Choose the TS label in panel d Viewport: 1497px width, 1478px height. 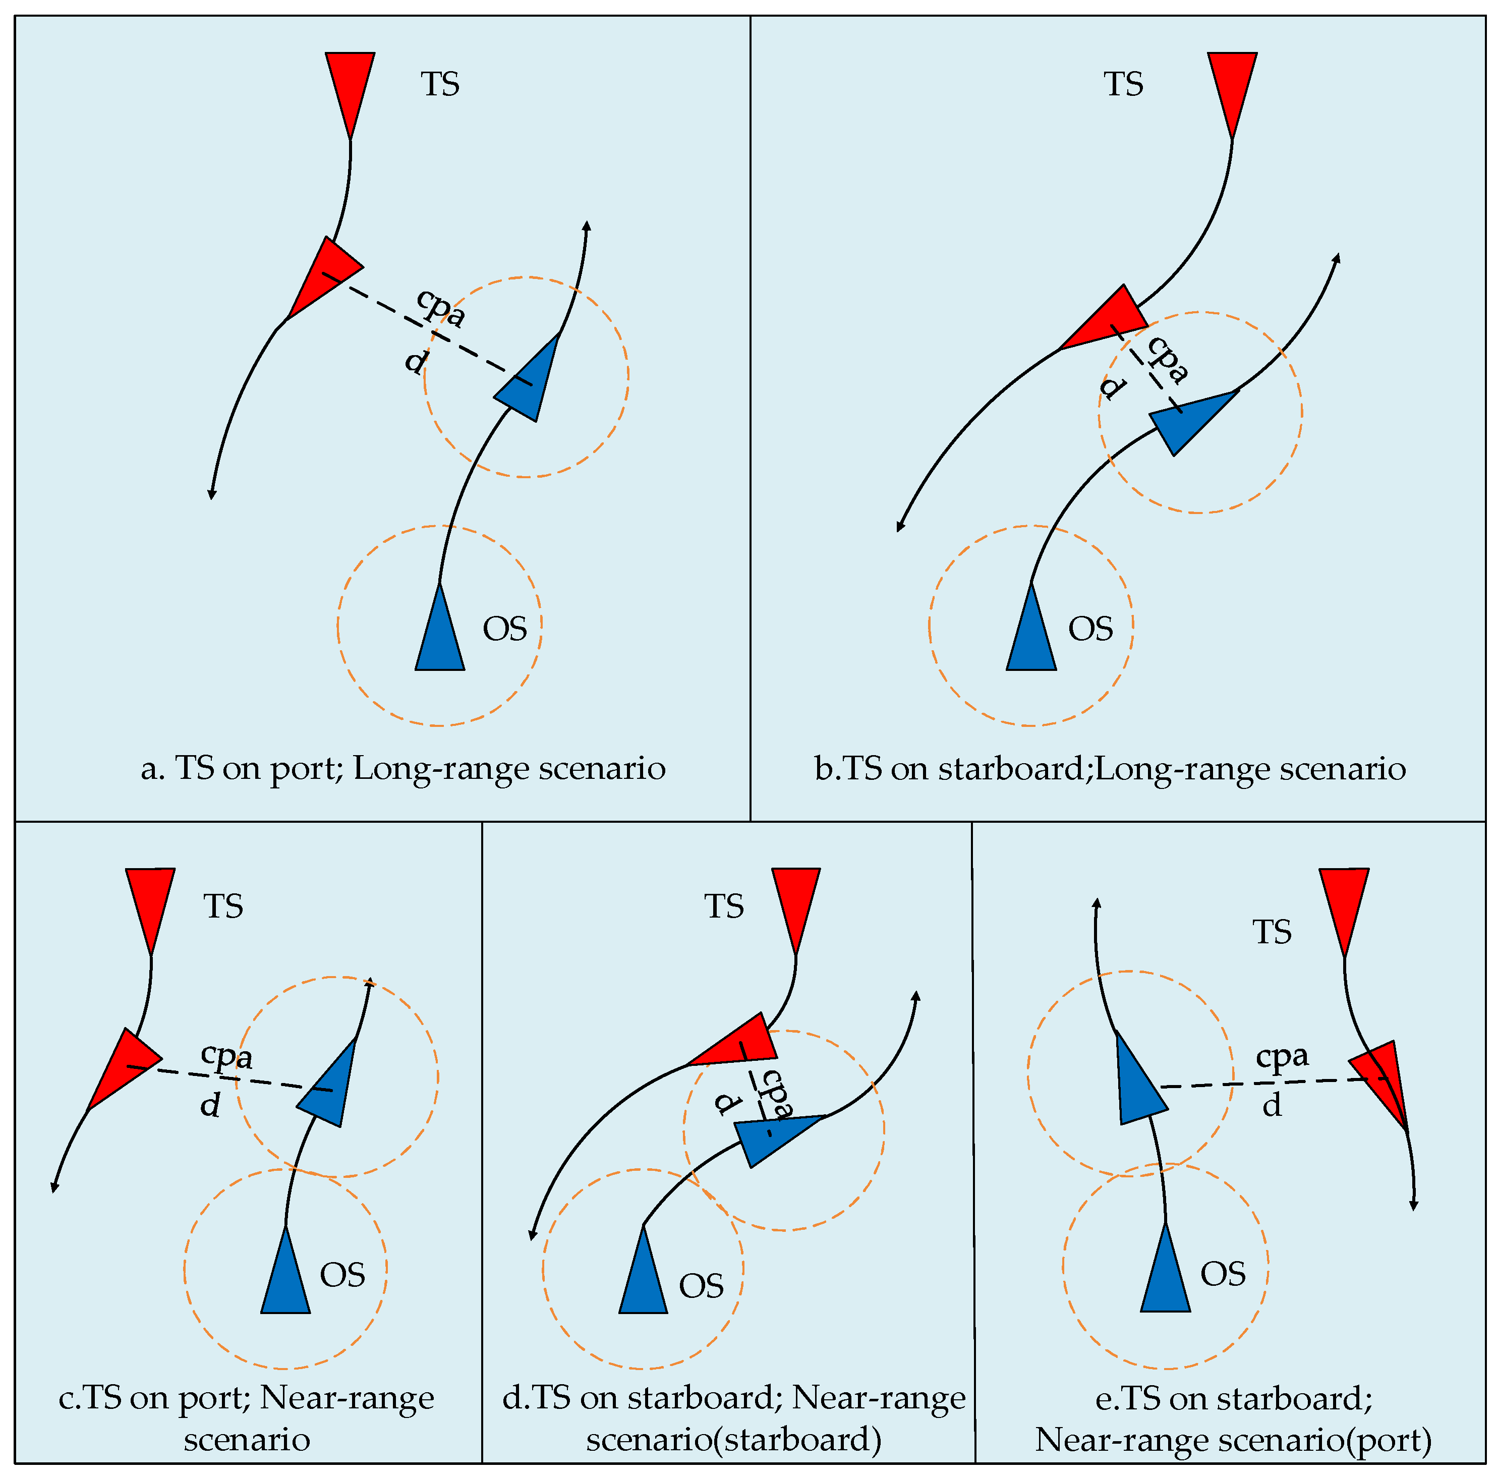click(x=724, y=906)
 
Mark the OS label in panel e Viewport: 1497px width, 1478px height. click(x=1223, y=1274)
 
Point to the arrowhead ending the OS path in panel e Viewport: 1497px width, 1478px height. click(x=1097, y=903)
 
